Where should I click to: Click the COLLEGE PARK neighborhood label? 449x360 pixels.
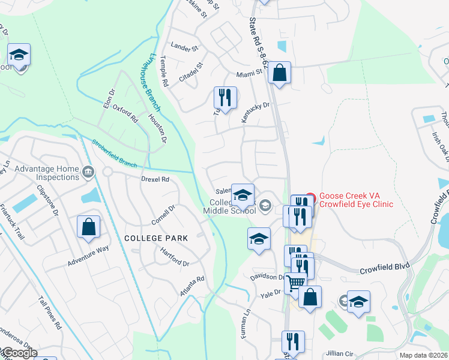156,238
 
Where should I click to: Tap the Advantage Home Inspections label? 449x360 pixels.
47,173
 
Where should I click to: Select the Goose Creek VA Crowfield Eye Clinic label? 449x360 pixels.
357,200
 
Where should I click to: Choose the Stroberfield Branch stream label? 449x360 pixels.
114,154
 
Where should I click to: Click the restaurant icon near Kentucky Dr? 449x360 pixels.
225,98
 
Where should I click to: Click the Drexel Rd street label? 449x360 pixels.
155,179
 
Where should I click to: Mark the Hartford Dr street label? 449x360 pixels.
175,259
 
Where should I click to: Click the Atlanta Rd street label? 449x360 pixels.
192,286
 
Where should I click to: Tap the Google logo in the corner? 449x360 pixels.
19,353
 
